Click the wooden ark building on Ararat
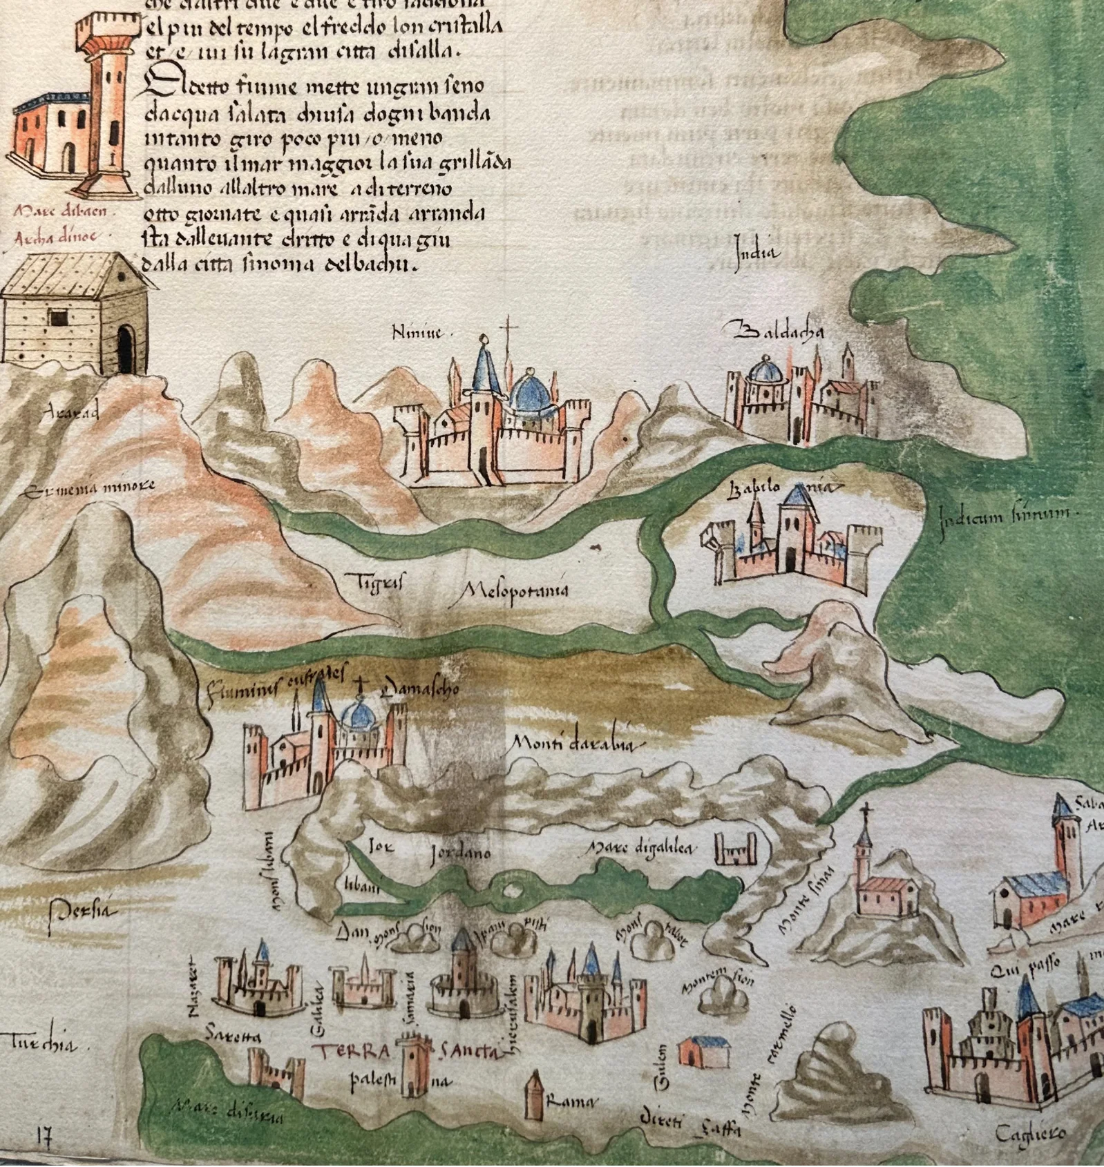(x=73, y=314)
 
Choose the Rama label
(x=570, y=1103)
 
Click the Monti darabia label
(x=578, y=744)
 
